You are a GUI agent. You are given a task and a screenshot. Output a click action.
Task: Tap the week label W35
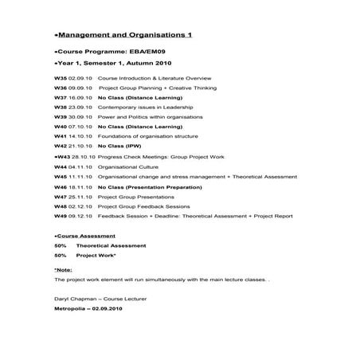(61, 79)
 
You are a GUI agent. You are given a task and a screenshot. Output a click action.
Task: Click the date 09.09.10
(81, 90)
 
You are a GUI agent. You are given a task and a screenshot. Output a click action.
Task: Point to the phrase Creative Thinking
(193, 90)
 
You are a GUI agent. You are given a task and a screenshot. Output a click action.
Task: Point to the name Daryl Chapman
(74, 299)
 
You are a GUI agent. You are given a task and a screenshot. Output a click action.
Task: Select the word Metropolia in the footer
(70, 307)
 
